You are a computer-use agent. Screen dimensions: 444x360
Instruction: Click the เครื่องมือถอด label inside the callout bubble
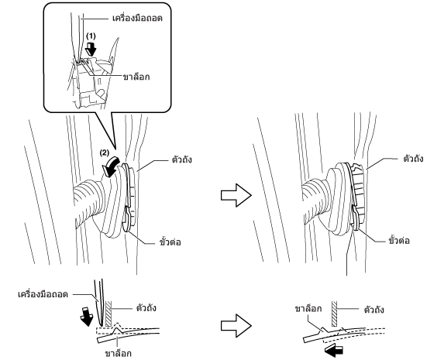138,19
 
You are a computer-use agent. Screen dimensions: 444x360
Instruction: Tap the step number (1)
91,36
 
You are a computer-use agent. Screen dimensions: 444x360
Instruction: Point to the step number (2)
104,153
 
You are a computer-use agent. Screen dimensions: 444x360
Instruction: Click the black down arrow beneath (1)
91,50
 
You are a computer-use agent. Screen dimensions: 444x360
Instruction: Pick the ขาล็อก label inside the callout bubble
136,77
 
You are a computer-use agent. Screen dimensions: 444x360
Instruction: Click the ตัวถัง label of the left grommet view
182,159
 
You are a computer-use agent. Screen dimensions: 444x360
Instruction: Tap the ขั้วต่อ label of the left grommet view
170,242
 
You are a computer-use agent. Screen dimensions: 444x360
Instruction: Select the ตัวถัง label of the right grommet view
413,159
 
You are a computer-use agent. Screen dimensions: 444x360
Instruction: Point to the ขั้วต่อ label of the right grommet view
399,241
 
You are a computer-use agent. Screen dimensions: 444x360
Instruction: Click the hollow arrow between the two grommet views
236,195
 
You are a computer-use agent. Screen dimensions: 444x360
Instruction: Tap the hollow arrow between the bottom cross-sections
236,326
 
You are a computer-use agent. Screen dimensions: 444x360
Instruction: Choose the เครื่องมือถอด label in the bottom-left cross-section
43,294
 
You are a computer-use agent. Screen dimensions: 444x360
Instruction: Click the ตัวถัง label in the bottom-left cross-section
146,308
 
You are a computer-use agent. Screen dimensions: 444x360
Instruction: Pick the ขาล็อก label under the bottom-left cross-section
118,354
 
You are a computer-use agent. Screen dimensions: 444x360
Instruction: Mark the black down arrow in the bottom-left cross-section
87,317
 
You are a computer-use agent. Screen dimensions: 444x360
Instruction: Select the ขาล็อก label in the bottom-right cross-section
308,309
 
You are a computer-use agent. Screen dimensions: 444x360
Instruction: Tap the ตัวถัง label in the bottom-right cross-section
373,310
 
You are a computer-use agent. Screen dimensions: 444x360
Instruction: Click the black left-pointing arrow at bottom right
334,350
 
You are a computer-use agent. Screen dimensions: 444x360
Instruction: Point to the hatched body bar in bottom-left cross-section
108,314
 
